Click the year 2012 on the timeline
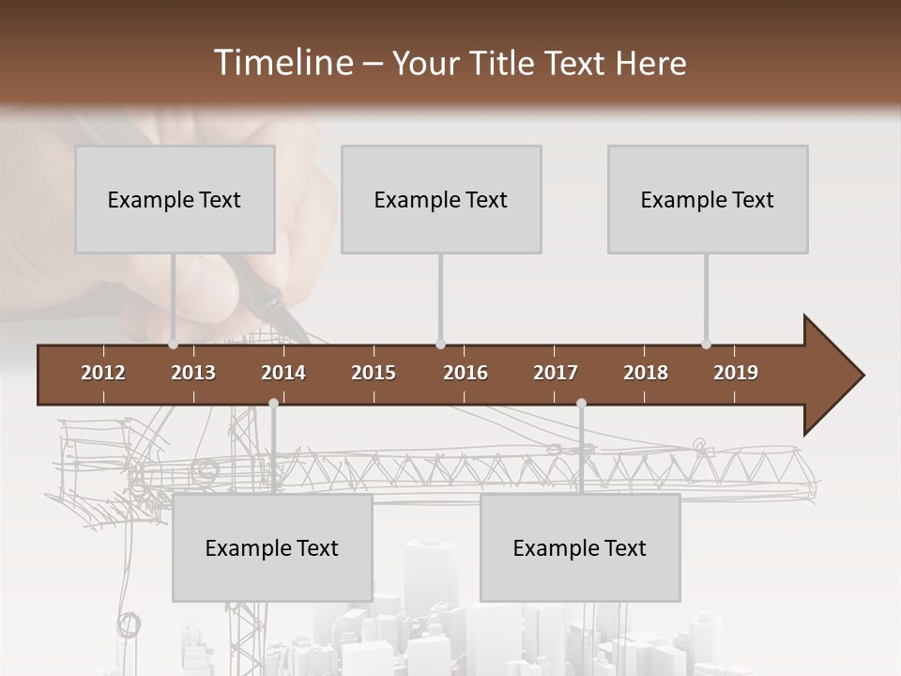(103, 373)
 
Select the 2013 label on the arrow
(193, 373)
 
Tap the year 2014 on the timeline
(283, 373)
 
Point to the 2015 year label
(374, 373)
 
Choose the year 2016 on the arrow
(466, 373)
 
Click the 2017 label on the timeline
(556, 373)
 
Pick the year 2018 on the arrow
(646, 373)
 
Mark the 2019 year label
(736, 373)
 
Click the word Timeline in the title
(283, 63)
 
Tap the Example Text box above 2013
(175, 199)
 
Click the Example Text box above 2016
(441, 199)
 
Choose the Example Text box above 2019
(708, 199)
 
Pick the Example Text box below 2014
(272, 547)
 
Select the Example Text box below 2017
(580, 547)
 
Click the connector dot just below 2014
(273, 403)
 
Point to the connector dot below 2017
(581, 403)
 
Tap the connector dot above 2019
(707, 345)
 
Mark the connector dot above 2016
(441, 345)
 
